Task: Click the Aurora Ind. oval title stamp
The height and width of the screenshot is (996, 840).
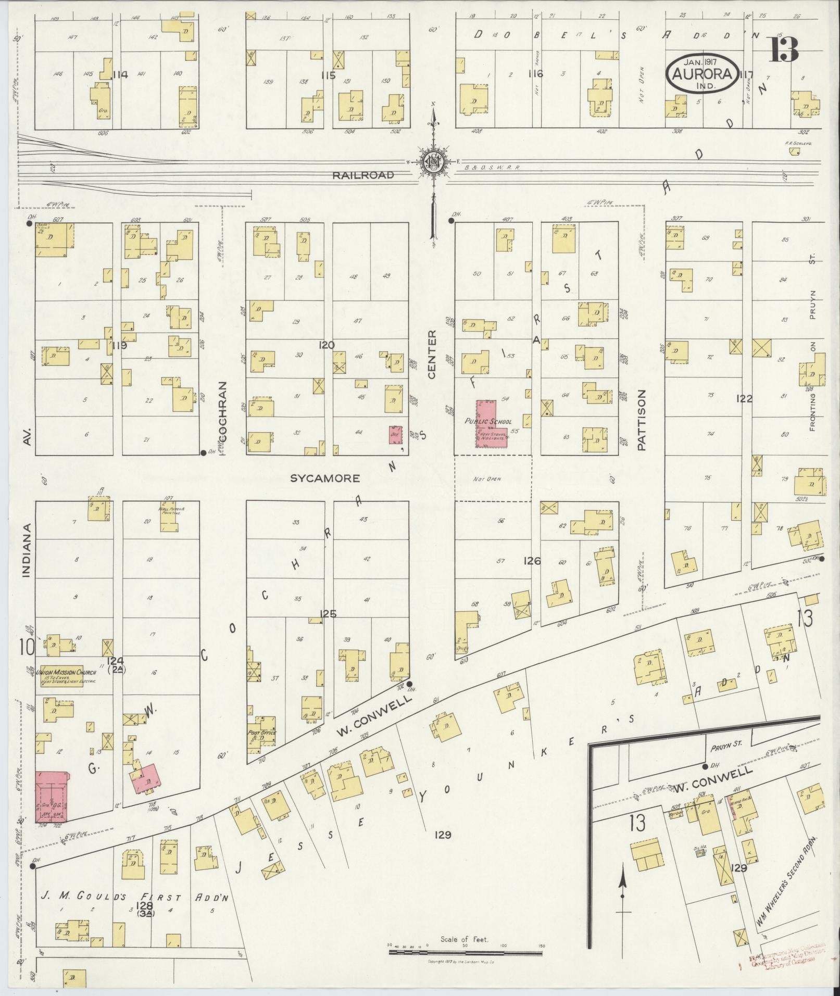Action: tap(703, 74)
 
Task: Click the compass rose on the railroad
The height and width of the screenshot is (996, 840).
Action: tap(432, 162)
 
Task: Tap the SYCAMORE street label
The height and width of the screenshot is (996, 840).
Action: tap(325, 478)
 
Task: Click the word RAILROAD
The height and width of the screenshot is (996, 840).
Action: tap(363, 175)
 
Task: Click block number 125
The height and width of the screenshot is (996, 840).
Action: tap(328, 614)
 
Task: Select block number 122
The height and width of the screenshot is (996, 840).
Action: tap(744, 399)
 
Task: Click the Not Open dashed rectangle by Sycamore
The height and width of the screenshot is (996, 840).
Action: tap(493, 478)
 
